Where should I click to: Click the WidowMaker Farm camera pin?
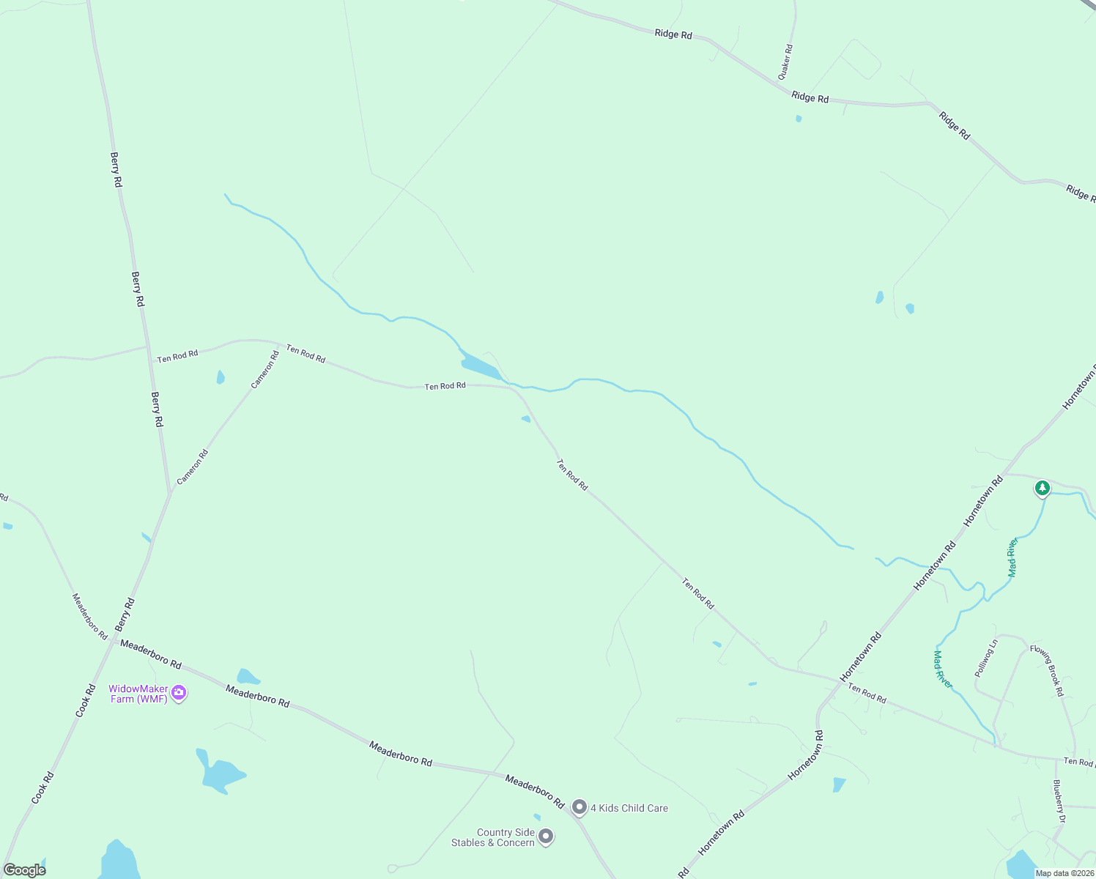click(179, 692)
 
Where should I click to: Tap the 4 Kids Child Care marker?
click(580, 807)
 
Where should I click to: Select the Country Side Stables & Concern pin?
click(546, 836)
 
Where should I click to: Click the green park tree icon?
click(1042, 488)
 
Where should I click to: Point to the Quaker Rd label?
click(785, 62)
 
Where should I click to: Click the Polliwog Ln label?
click(986, 658)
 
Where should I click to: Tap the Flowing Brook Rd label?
click(1046, 670)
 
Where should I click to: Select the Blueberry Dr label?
click(1059, 801)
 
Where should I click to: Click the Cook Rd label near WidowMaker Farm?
click(86, 700)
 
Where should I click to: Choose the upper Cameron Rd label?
click(265, 369)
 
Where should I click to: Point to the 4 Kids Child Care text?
click(629, 808)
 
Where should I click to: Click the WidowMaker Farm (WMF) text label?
click(138, 694)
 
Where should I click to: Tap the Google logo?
click(24, 870)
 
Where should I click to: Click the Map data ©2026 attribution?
click(1064, 873)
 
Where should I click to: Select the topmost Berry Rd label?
click(116, 169)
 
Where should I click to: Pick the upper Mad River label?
click(1012, 557)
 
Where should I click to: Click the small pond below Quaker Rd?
click(799, 118)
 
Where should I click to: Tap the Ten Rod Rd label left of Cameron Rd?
click(177, 356)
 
